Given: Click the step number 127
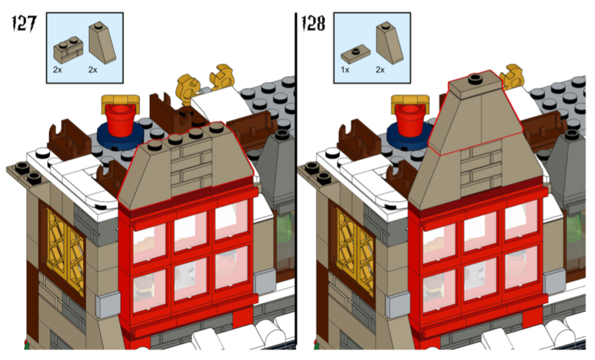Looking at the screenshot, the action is pyautogui.click(x=24, y=24).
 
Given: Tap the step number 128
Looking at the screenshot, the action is pyautogui.click(x=313, y=23).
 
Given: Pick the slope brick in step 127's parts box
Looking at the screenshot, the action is pyautogui.click(x=102, y=42).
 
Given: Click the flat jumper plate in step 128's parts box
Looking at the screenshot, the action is pyautogui.click(x=356, y=55).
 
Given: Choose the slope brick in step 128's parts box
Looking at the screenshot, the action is pyautogui.click(x=390, y=42).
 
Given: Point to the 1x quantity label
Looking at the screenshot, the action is pyautogui.click(x=345, y=70).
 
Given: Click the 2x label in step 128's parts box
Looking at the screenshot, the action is pyautogui.click(x=380, y=70).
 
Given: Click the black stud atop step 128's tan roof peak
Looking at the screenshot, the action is pyautogui.click(x=475, y=79).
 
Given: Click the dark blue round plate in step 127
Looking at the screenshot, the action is pyautogui.click(x=120, y=134).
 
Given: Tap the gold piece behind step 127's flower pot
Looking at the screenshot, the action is pyautogui.click(x=120, y=102).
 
